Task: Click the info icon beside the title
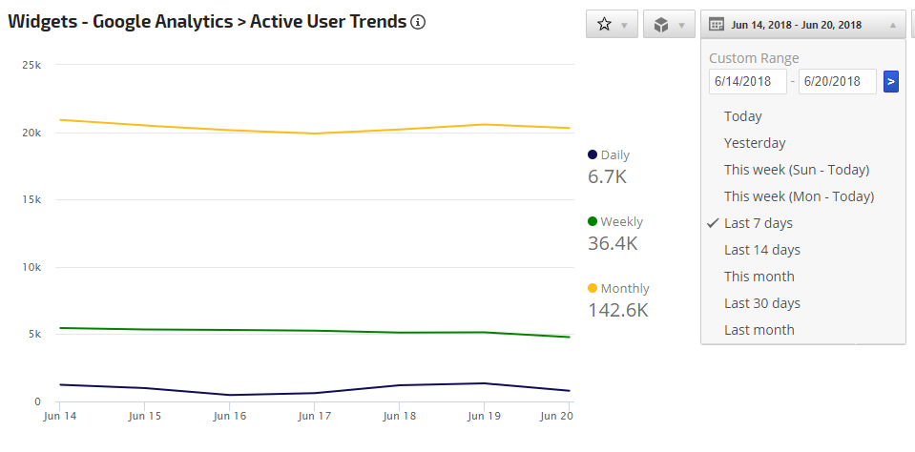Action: (418, 22)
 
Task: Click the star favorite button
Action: (612, 25)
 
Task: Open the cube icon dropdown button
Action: (669, 25)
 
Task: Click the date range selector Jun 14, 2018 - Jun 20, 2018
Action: (802, 25)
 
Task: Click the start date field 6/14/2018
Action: (748, 82)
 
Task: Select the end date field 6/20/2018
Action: (837, 82)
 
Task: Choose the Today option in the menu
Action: (743, 116)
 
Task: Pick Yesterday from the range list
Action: (755, 143)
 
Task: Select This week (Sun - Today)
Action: (797, 170)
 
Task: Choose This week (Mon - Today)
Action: (799, 196)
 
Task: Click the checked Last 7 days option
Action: (759, 223)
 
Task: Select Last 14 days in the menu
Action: (762, 250)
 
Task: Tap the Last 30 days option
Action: (762, 303)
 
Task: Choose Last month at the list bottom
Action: (759, 330)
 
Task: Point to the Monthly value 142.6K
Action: (617, 310)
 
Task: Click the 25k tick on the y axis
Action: (32, 66)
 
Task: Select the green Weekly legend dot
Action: (593, 221)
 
